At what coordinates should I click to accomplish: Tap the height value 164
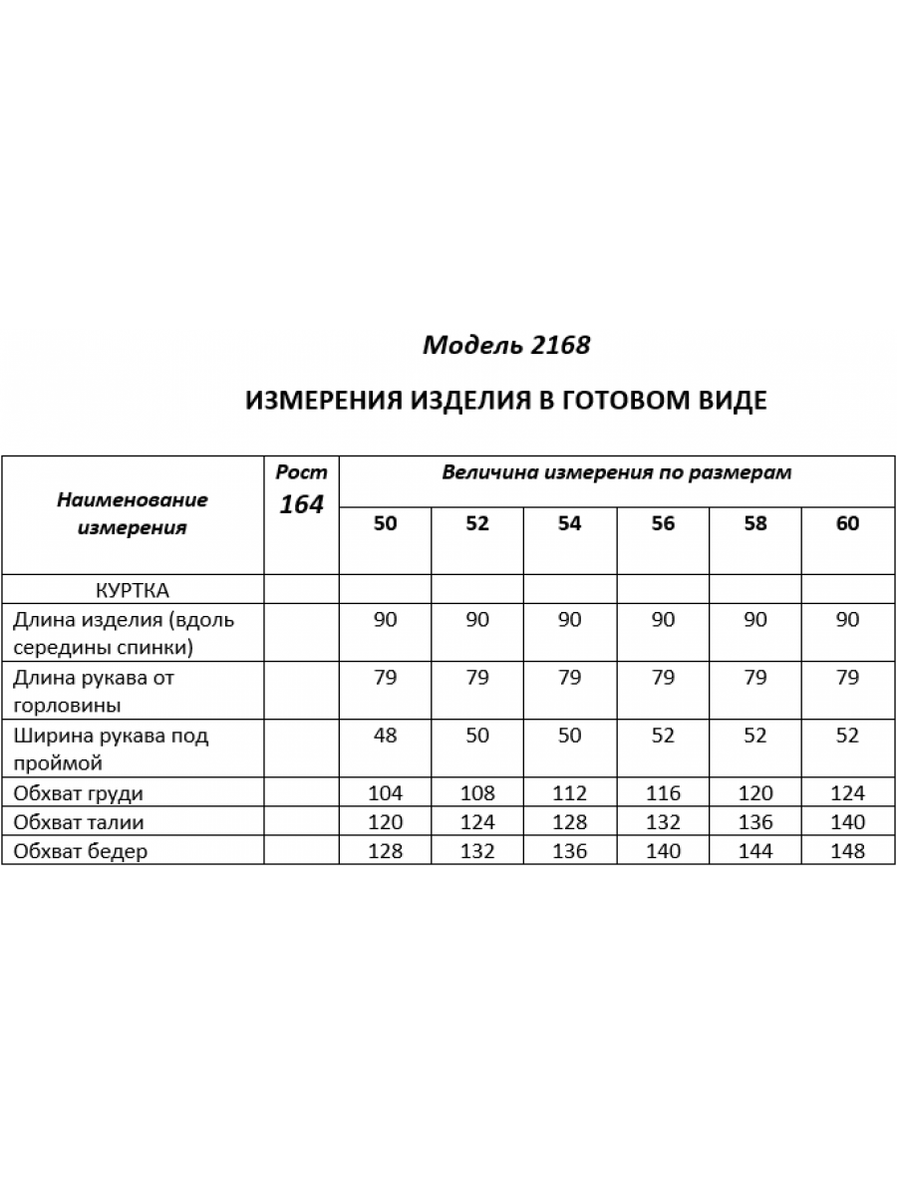click(x=301, y=504)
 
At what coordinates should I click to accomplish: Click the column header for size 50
click(x=385, y=523)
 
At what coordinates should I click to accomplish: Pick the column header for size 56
click(x=663, y=523)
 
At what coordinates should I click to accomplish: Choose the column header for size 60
click(x=847, y=523)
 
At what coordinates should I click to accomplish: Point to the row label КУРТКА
click(x=133, y=589)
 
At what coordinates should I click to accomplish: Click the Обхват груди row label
click(x=78, y=793)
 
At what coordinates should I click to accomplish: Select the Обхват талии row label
click(x=78, y=822)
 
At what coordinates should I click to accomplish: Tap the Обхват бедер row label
click(x=80, y=851)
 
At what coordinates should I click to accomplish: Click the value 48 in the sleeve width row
click(x=385, y=736)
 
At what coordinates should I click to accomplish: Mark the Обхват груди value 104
click(x=385, y=793)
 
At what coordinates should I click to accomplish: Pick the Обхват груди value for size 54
click(x=569, y=793)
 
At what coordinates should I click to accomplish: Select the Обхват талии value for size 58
click(x=754, y=822)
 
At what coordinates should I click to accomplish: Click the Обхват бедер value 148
click(x=847, y=851)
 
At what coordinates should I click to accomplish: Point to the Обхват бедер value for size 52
click(x=477, y=851)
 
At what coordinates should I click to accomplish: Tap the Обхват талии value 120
click(x=385, y=822)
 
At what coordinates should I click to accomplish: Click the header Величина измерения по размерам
click(x=616, y=472)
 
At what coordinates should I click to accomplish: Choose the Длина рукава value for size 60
click(x=847, y=678)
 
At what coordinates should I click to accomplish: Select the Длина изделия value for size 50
click(x=385, y=619)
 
